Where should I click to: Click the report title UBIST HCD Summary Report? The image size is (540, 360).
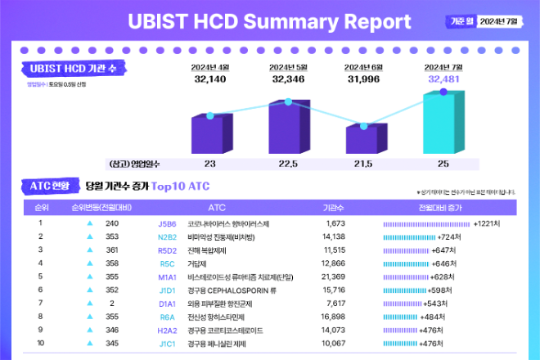click(x=269, y=21)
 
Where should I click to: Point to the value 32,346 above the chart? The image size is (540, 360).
click(x=288, y=79)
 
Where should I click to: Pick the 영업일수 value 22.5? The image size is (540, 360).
click(x=288, y=164)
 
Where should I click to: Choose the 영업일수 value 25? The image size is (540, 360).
click(x=443, y=164)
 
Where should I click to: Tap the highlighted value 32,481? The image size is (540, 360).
click(x=443, y=79)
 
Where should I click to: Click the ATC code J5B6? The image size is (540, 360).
click(x=167, y=223)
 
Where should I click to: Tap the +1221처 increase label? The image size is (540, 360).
click(x=492, y=223)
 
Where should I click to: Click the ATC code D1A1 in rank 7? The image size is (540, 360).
click(x=167, y=304)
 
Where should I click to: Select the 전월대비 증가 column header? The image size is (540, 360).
click(x=444, y=208)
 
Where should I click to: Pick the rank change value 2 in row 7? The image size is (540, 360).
click(x=112, y=304)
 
